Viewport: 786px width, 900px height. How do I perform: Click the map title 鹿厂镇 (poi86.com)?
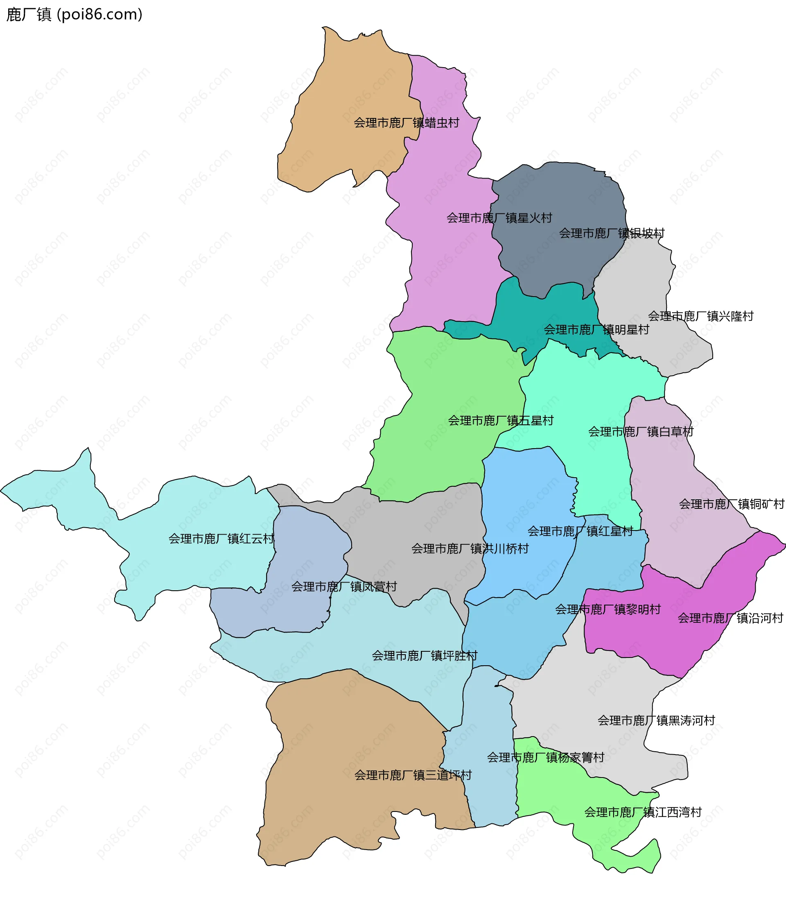[74, 14]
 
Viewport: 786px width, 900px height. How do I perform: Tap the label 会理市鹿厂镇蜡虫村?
[406, 123]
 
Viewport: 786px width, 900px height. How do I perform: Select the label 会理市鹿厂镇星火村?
[499, 218]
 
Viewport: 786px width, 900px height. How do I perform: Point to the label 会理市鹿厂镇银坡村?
[612, 234]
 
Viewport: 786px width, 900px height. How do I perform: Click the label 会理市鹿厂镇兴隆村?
[700, 316]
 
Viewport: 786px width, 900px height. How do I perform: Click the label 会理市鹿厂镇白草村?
[640, 432]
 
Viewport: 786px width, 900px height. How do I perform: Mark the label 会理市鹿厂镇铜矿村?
[731, 504]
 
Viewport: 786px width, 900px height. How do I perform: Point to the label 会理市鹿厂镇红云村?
[221, 538]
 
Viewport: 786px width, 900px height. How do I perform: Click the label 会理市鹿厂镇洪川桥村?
[470, 549]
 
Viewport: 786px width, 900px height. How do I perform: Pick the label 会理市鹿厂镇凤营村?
[344, 587]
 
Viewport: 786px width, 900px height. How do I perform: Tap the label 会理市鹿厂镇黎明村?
[608, 609]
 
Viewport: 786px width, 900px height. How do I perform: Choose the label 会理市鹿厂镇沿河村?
[730, 618]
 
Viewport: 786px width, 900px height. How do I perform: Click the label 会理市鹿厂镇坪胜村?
[424, 655]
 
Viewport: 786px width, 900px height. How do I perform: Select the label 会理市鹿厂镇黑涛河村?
[656, 720]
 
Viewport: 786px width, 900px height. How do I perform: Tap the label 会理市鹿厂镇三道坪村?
[413, 775]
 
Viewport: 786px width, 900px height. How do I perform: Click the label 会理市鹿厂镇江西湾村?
[643, 812]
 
